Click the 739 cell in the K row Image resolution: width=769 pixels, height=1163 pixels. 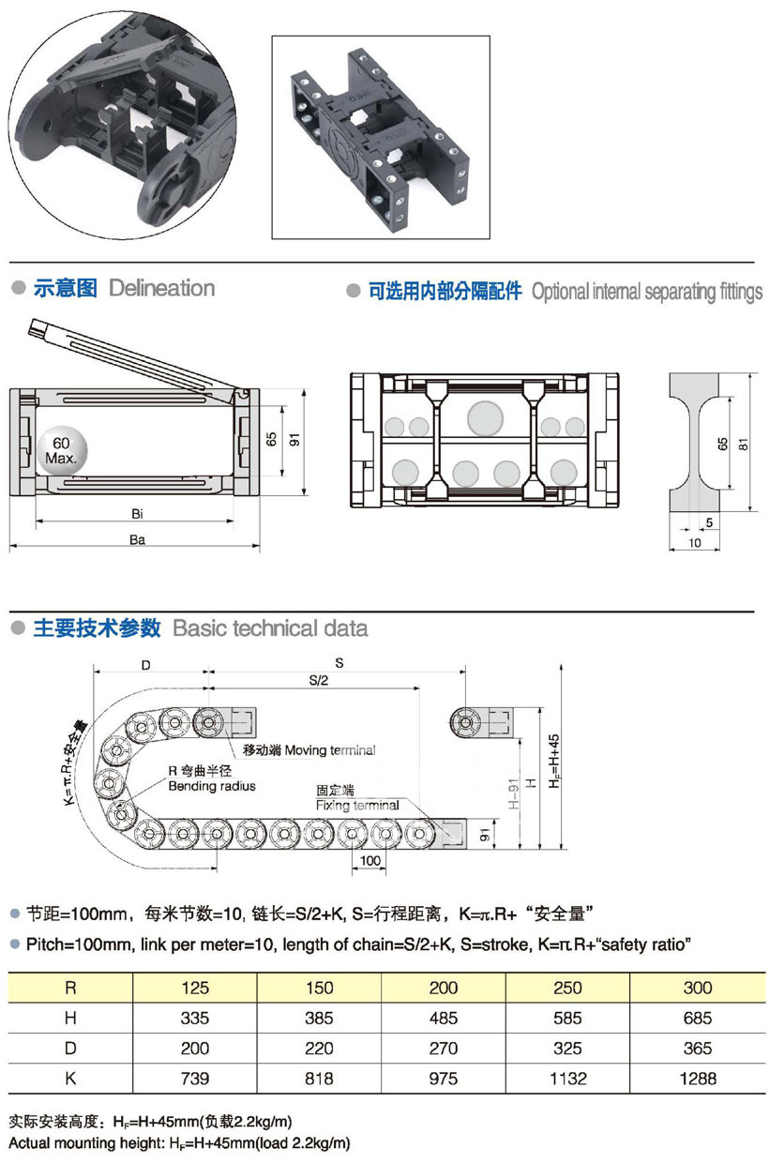(x=195, y=1079)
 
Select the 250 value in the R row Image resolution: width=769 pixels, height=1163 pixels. (x=567, y=988)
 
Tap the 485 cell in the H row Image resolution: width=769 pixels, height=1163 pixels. (x=443, y=1018)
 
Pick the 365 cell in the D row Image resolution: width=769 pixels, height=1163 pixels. (x=696, y=1049)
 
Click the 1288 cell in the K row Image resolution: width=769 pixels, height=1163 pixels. (x=696, y=1079)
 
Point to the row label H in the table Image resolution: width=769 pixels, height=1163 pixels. (x=70, y=1018)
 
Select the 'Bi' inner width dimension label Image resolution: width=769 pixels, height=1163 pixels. (x=137, y=513)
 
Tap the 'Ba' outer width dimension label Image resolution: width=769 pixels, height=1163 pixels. (x=137, y=539)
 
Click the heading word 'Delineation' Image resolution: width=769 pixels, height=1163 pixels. (x=161, y=288)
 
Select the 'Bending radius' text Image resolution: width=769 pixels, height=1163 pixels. (x=211, y=786)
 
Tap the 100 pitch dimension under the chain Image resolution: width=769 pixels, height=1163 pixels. (x=369, y=860)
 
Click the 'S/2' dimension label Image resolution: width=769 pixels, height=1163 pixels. (x=318, y=681)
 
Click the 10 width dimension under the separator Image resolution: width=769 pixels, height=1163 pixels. (x=695, y=542)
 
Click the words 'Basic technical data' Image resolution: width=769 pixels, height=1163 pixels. (x=270, y=628)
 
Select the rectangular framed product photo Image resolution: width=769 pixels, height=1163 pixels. (x=381, y=137)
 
